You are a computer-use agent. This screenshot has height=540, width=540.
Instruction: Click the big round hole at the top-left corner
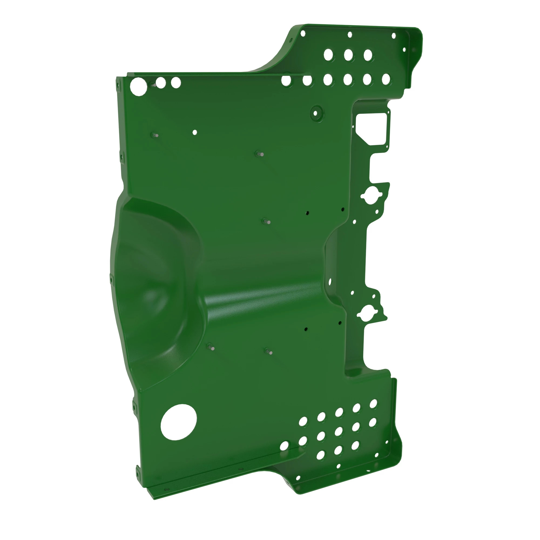click(138, 87)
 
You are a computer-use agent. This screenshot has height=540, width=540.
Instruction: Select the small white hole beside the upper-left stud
click(195, 132)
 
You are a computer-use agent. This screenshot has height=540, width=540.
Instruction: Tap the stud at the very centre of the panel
click(267, 222)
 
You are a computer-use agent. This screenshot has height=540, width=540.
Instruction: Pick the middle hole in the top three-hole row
click(348, 55)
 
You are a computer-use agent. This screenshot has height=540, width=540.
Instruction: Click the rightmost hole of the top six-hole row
click(386, 79)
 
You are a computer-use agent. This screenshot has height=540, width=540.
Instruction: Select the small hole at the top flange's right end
click(394, 36)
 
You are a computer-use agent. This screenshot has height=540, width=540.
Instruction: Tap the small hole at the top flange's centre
click(350, 35)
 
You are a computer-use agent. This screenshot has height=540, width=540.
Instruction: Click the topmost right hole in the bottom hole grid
click(373, 404)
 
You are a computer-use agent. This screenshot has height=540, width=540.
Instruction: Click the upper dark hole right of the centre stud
click(307, 213)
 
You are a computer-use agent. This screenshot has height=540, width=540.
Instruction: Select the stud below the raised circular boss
click(260, 154)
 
